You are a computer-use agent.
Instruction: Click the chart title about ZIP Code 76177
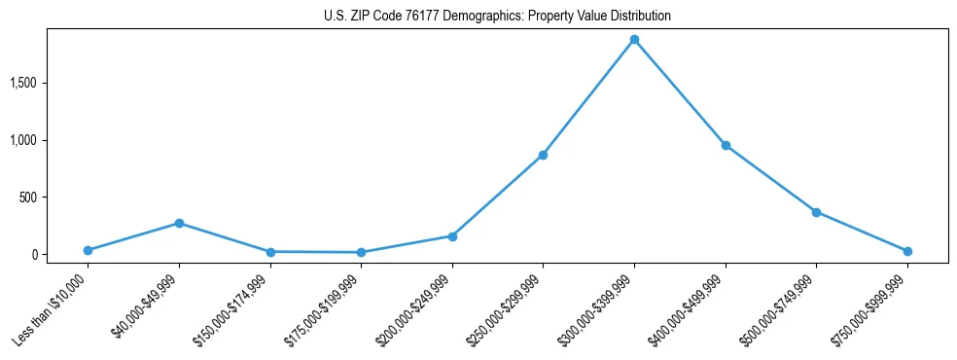click(x=497, y=17)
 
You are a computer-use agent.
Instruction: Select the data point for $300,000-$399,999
click(x=634, y=40)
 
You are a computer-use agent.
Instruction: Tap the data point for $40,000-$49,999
click(x=179, y=223)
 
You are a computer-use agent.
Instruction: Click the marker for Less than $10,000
click(x=88, y=250)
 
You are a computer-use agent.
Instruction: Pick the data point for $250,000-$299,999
click(x=543, y=155)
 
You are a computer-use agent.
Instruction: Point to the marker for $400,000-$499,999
click(x=726, y=145)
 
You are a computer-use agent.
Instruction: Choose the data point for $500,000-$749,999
click(x=816, y=212)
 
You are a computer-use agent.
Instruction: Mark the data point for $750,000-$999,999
click(x=907, y=251)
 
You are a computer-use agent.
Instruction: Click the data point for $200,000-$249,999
click(x=452, y=235)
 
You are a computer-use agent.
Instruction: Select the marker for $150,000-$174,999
click(x=270, y=252)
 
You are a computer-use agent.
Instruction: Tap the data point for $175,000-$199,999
click(x=361, y=253)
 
